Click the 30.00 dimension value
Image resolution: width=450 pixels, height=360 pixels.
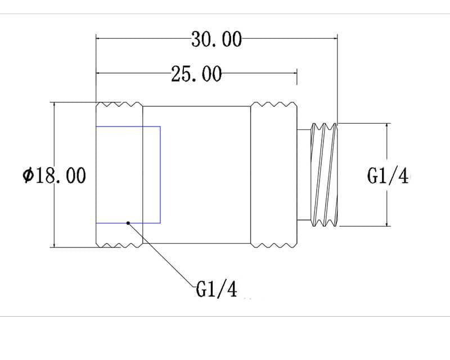tap(217, 39)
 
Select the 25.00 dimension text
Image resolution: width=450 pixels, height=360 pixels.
tap(196, 74)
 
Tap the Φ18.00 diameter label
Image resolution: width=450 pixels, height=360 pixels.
tap(54, 175)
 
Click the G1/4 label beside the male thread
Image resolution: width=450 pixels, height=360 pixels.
tap(388, 175)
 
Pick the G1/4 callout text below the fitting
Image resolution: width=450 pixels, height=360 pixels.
tap(217, 289)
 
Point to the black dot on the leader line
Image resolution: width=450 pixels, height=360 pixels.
tap(128, 223)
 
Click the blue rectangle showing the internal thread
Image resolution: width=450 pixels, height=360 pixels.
tap(128, 174)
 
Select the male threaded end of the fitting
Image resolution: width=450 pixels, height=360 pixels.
tap(324, 174)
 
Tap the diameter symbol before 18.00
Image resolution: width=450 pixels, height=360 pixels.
tap(28, 175)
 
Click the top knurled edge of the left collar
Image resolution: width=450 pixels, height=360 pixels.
tap(119, 104)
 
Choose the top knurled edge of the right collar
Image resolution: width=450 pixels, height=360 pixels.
tap(274, 104)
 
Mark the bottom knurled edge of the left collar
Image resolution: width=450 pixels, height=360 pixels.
tap(119, 245)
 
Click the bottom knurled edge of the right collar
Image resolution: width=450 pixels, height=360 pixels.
tap(274, 245)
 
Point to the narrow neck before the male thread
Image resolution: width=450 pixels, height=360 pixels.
tap(304, 175)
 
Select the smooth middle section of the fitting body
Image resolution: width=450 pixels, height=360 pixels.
tap(196, 175)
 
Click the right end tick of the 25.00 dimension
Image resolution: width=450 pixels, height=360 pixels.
tap(297, 76)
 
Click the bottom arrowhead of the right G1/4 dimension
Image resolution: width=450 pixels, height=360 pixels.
tap(387, 223)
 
